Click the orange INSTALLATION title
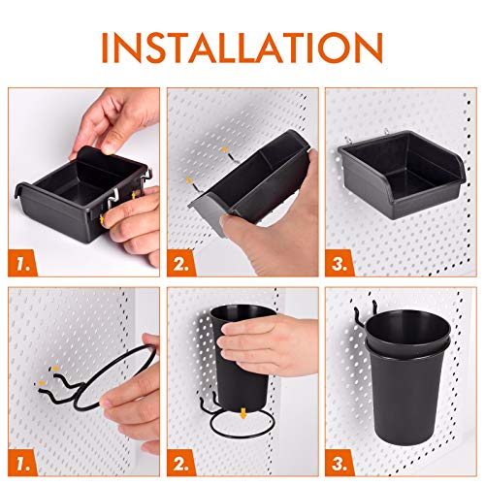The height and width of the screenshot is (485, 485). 242,46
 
